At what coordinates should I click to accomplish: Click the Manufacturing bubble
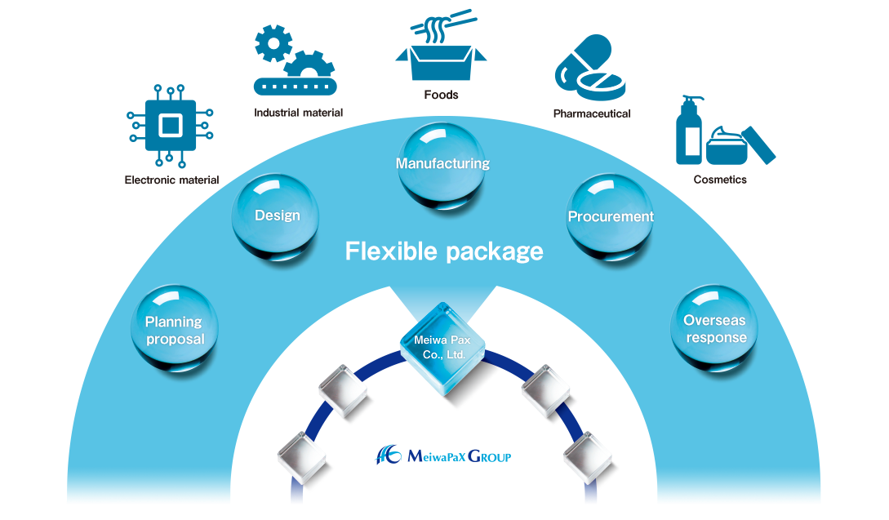pyautogui.click(x=442, y=164)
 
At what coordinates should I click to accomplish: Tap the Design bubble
pyautogui.click(x=277, y=216)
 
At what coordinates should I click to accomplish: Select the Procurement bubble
pyautogui.click(x=610, y=217)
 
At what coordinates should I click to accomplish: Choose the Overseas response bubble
pyautogui.click(x=714, y=329)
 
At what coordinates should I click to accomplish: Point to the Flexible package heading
pyautogui.click(x=444, y=251)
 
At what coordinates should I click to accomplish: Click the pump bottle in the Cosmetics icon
pyautogui.click(x=690, y=131)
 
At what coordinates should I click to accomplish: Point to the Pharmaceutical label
pyautogui.click(x=591, y=114)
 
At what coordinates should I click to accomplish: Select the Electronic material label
pyautogui.click(x=171, y=180)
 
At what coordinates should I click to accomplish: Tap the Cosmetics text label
pyautogui.click(x=719, y=180)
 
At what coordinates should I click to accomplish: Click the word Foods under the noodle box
pyautogui.click(x=442, y=95)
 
